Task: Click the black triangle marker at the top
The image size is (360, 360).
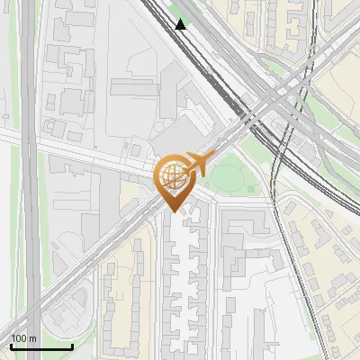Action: [x=182, y=24]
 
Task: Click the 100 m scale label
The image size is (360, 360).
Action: [x=23, y=338]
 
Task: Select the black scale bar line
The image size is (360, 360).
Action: [x=41, y=346]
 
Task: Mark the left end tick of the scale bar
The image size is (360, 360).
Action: [x=11, y=345]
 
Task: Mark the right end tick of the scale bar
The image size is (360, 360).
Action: [x=72, y=345]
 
